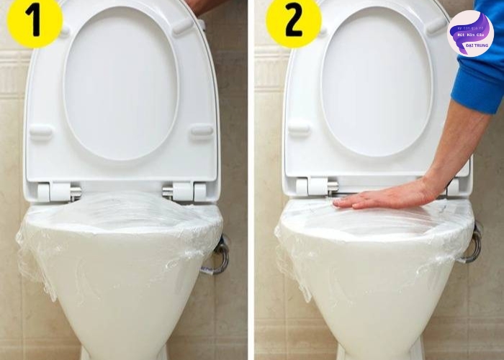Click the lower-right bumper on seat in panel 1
(201, 131)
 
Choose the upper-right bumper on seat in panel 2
(436, 27)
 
